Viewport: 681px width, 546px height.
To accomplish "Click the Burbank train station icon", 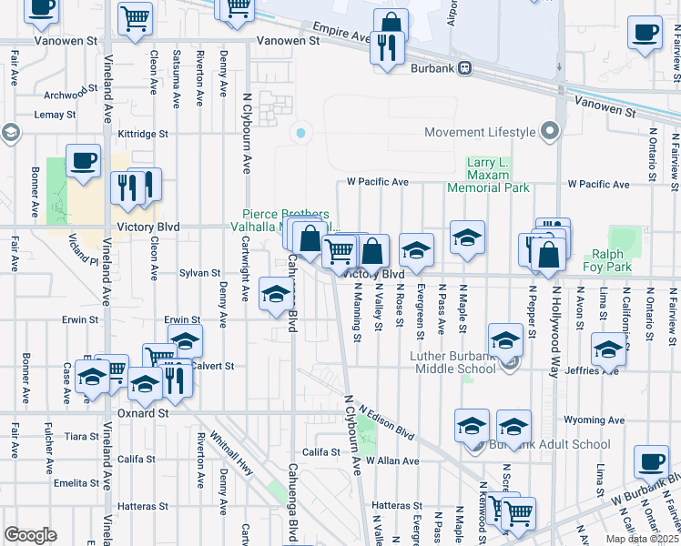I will point(464,66).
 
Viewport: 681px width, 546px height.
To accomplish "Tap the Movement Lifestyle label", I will point(480,133).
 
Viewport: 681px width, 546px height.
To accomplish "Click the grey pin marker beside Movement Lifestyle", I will point(550,133).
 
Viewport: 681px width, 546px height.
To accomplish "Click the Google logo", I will point(30,534).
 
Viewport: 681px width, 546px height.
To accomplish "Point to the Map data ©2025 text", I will point(642,539).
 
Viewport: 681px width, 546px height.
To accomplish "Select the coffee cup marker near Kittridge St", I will point(83,159).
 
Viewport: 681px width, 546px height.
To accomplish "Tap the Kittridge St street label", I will point(143,133).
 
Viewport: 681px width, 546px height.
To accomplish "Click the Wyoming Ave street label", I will point(594,420).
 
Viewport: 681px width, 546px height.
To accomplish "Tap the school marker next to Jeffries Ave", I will point(609,349).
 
